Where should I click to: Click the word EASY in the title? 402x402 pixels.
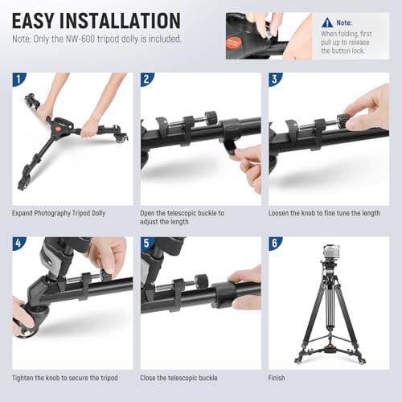39,20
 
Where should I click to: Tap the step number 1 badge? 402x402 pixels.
18,80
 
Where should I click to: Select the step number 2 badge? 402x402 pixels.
147,80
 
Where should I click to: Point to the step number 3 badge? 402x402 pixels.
275,80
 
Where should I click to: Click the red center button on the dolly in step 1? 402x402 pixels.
67,127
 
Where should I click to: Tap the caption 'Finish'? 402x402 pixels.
279,377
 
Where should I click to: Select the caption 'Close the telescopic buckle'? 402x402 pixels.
181,377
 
